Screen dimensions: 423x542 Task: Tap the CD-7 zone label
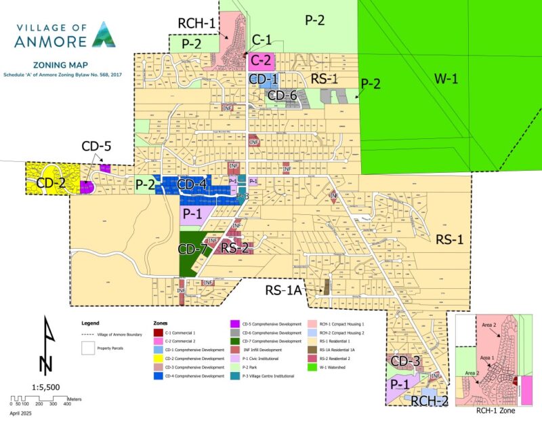click(x=193, y=249)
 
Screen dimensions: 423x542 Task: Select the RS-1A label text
click(x=283, y=292)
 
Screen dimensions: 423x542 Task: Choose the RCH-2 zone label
click(x=430, y=400)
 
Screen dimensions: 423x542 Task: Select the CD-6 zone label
click(x=283, y=96)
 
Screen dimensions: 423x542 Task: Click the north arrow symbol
click(x=45, y=346)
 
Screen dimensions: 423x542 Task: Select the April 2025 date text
click(x=24, y=411)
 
